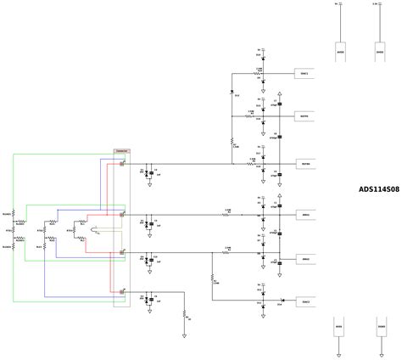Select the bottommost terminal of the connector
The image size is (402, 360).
coord(124,292)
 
